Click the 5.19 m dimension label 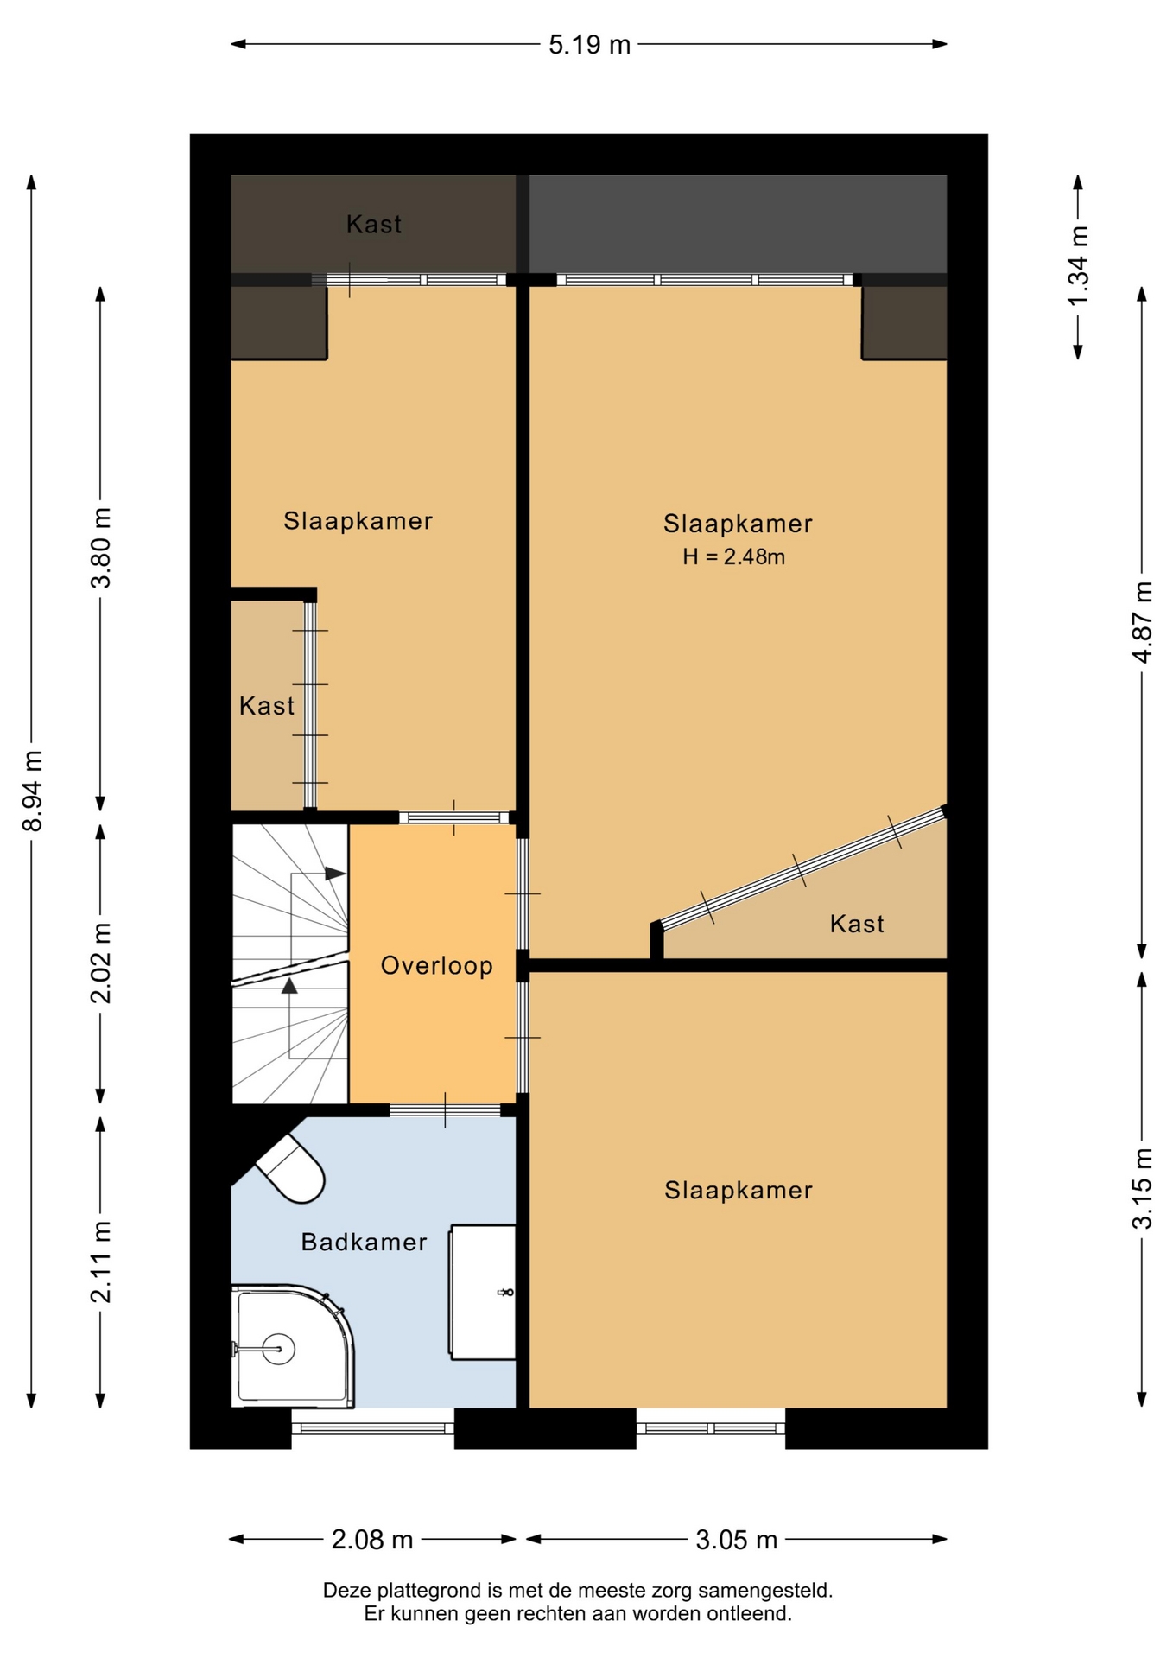[589, 45]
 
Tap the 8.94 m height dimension [33, 791]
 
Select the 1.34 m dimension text [1078, 265]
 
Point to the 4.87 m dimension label [1142, 622]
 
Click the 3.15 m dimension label [1142, 1188]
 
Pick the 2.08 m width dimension [372, 1539]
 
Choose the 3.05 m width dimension [737, 1539]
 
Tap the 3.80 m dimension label [101, 548]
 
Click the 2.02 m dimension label [101, 963]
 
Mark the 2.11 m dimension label [101, 1262]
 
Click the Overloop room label [437, 965]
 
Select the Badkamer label [365, 1242]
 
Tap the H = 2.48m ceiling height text [734, 556]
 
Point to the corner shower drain [277, 1349]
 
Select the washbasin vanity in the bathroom [483, 1292]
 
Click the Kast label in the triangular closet [857, 924]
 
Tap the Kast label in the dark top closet [374, 225]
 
